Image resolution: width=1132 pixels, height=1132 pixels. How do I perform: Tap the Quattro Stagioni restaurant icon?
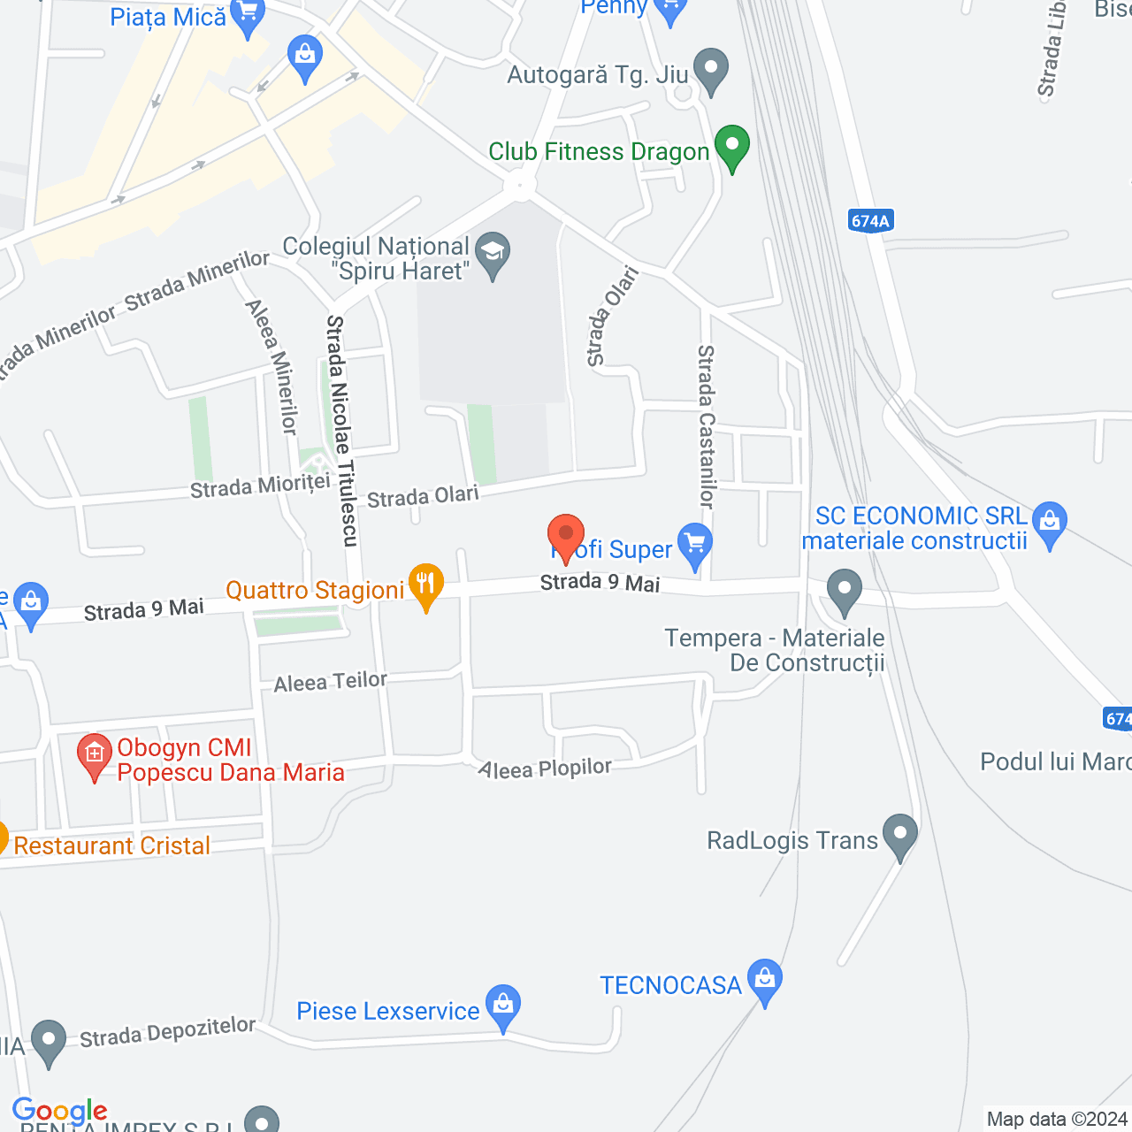pos(426,585)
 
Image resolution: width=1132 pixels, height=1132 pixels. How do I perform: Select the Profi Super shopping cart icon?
pos(695,546)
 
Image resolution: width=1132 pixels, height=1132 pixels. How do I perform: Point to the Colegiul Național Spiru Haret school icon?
pos(493,253)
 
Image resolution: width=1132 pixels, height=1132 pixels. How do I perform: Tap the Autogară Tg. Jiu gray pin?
pos(710,70)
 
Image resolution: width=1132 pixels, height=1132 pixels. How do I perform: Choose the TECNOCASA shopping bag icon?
pos(765,980)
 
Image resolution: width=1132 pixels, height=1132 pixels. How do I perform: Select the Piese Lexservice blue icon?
pos(503,1006)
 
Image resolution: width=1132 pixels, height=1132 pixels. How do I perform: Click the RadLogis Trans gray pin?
pos(899,835)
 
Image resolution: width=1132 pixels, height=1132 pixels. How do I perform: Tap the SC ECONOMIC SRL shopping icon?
pos(1050,523)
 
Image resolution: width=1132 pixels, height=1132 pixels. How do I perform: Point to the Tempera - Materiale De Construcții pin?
pos(845,591)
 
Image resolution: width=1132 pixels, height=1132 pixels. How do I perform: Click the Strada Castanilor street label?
pos(706,426)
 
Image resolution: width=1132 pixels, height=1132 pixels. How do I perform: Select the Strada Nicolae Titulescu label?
pos(341,431)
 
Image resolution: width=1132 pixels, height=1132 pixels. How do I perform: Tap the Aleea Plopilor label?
pos(545,769)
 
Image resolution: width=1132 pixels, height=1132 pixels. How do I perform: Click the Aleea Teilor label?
pos(330,682)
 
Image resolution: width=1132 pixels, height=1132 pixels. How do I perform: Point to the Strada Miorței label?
pos(260,486)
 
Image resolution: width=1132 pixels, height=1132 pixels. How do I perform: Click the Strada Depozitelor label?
pos(167,1031)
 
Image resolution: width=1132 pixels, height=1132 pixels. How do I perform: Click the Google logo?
pos(59,1111)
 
